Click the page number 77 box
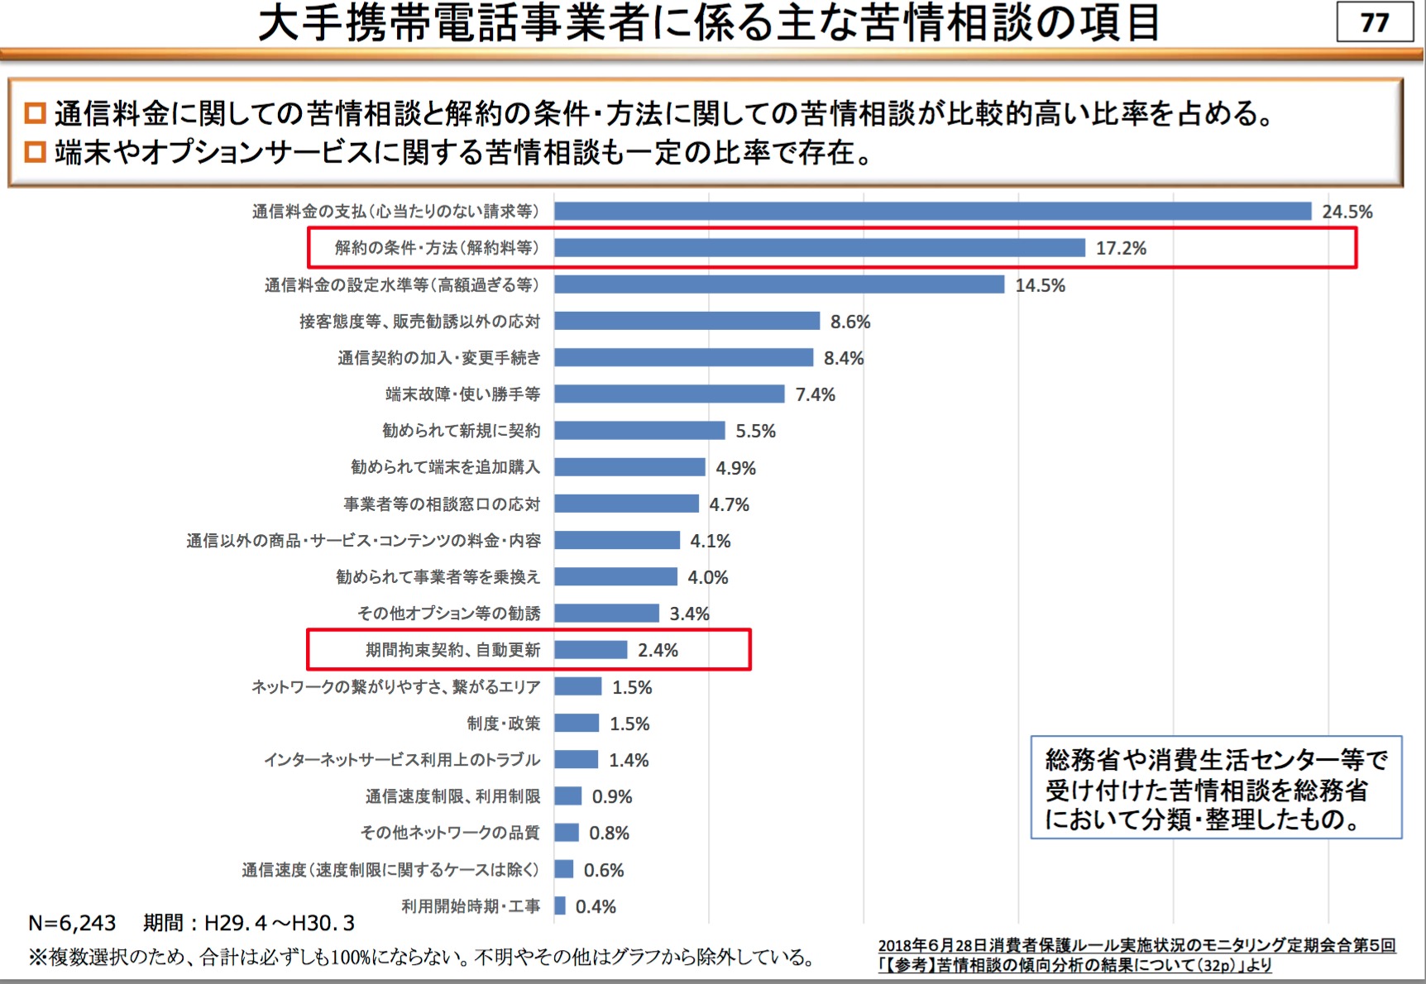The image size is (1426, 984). point(1374,22)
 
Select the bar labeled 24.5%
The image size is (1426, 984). point(932,211)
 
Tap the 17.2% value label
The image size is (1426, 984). point(1121,248)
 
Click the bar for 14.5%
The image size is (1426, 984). point(779,284)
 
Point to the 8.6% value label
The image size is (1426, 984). point(850,322)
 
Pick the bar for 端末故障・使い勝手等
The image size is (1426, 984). point(669,394)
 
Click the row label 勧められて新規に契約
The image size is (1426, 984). point(461,431)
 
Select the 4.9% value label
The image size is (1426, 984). point(735,468)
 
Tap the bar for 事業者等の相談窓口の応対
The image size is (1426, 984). point(626,504)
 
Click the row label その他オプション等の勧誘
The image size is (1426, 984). point(448,614)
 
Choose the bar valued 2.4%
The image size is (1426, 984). point(591,650)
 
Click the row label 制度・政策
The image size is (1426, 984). point(503,724)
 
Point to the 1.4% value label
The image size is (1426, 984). point(629,760)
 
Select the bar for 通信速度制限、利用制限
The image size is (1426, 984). point(568,796)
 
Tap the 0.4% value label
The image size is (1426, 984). point(596,906)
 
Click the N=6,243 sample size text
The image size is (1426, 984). point(72,923)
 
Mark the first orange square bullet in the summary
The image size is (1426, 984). point(35,112)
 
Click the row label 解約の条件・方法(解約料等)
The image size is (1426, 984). point(437,248)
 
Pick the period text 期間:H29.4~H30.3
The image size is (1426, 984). point(248,923)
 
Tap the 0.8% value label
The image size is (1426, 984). point(609,833)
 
